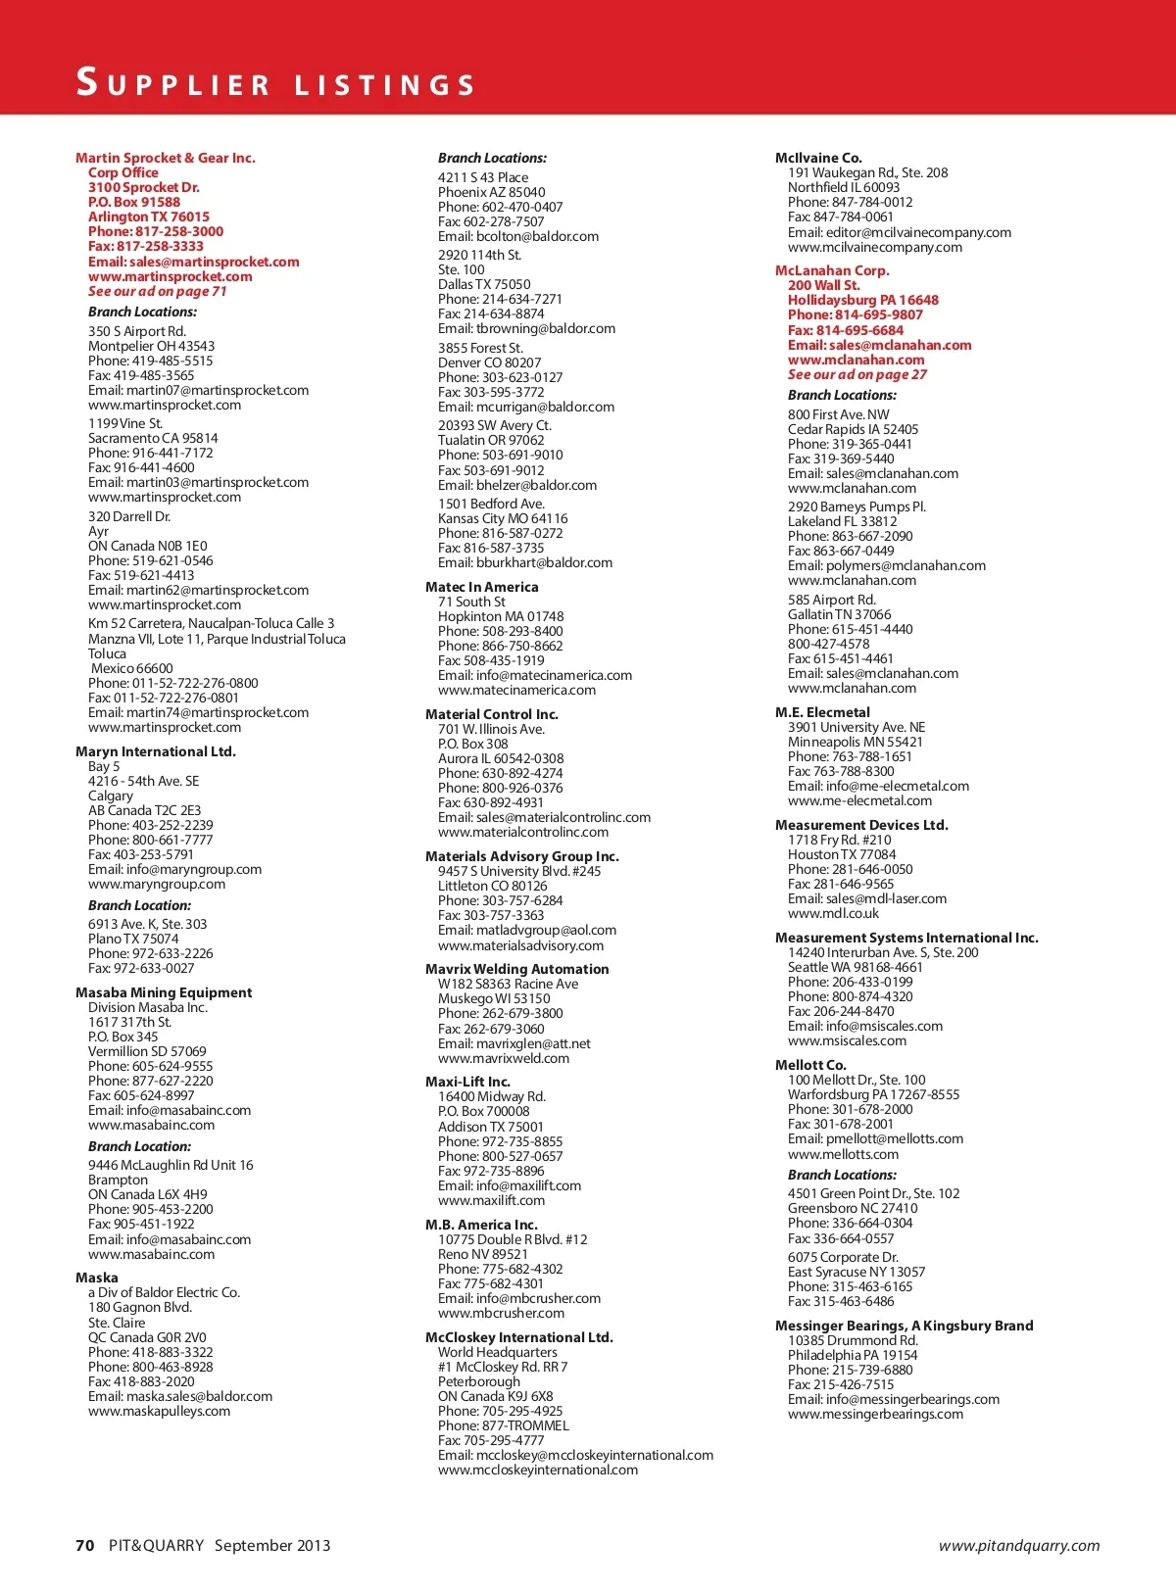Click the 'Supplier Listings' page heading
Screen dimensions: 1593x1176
(x=275, y=83)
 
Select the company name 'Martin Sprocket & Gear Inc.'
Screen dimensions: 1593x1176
(x=165, y=158)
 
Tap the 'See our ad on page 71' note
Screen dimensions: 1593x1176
(x=157, y=291)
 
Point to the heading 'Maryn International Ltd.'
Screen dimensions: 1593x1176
(x=155, y=751)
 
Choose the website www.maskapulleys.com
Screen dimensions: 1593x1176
(x=159, y=1411)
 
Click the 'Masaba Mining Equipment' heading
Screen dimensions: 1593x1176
(x=163, y=992)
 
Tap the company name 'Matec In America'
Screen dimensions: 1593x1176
(x=481, y=587)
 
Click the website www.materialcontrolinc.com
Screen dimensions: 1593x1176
(x=522, y=832)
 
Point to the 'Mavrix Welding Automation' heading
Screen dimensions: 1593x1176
(x=516, y=969)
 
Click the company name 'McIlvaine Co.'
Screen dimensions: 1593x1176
(x=818, y=158)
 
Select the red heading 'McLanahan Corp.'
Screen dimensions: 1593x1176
(x=832, y=270)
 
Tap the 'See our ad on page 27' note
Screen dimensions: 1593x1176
(x=857, y=374)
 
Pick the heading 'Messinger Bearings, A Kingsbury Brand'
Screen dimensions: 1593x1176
(x=904, y=1326)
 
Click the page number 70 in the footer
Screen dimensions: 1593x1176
(x=85, y=1545)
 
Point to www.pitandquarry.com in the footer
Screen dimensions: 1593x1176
(x=1018, y=1546)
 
